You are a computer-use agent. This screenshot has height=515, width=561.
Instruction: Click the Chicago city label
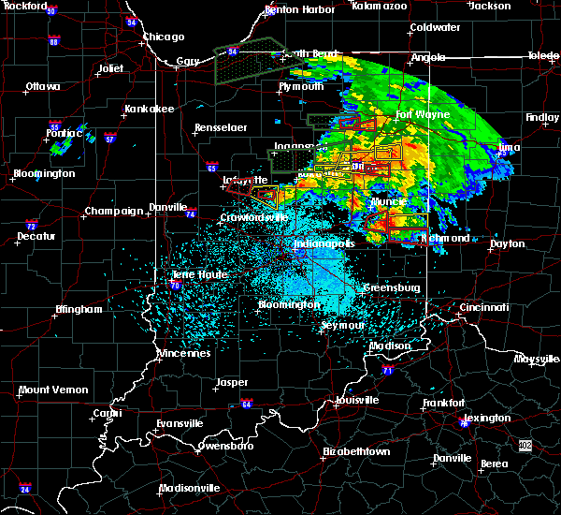[x=164, y=37]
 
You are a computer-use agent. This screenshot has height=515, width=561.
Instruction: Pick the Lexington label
[x=487, y=418]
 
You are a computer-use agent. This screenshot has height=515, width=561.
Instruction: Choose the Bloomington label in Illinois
[x=44, y=174]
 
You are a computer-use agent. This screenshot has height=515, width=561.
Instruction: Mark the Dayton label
[x=508, y=243]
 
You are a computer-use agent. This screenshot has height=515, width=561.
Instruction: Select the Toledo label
[x=542, y=56]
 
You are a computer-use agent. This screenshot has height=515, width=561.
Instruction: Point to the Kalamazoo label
[x=380, y=6]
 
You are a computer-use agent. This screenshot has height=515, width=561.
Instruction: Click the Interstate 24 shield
[x=25, y=489]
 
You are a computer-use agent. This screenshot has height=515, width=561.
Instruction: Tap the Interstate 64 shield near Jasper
[x=247, y=405]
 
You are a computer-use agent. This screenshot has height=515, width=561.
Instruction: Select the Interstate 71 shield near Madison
[x=386, y=371]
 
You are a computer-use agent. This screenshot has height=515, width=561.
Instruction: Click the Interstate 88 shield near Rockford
[x=54, y=42]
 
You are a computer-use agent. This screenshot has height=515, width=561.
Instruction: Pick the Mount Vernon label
[x=53, y=390]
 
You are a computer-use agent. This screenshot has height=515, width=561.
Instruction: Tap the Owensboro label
[x=223, y=446]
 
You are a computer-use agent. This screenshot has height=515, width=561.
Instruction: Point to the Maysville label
[x=537, y=360]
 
